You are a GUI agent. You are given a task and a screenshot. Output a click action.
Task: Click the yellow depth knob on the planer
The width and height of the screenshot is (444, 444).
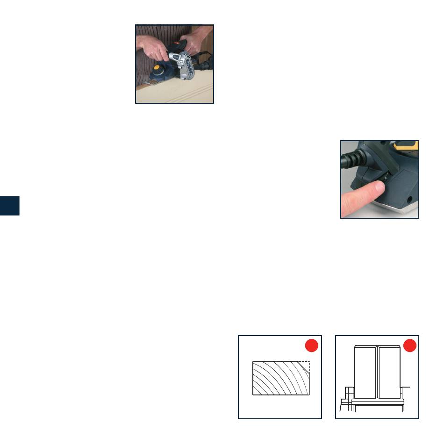click(x=156, y=68)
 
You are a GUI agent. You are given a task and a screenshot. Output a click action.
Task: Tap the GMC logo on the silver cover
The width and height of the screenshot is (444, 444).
click(x=189, y=66)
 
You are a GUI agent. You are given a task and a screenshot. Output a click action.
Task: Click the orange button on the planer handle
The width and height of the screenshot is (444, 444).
click(x=176, y=43)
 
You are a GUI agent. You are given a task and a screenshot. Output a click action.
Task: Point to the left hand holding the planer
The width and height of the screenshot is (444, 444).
click(x=151, y=47)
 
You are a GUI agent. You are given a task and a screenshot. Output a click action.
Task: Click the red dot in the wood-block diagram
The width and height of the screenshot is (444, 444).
click(x=311, y=345)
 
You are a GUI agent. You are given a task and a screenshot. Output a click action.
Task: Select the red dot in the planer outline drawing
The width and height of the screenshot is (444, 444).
click(x=409, y=345)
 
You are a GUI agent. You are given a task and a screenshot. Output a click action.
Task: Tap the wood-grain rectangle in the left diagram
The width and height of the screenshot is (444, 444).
click(x=281, y=378)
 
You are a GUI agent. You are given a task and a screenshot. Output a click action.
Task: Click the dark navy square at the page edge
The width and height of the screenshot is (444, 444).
click(x=10, y=206)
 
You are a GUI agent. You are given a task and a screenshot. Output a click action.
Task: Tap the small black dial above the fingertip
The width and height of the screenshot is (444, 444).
click(x=386, y=177)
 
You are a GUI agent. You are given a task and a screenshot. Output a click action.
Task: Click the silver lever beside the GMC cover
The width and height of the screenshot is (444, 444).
click(x=176, y=57)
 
